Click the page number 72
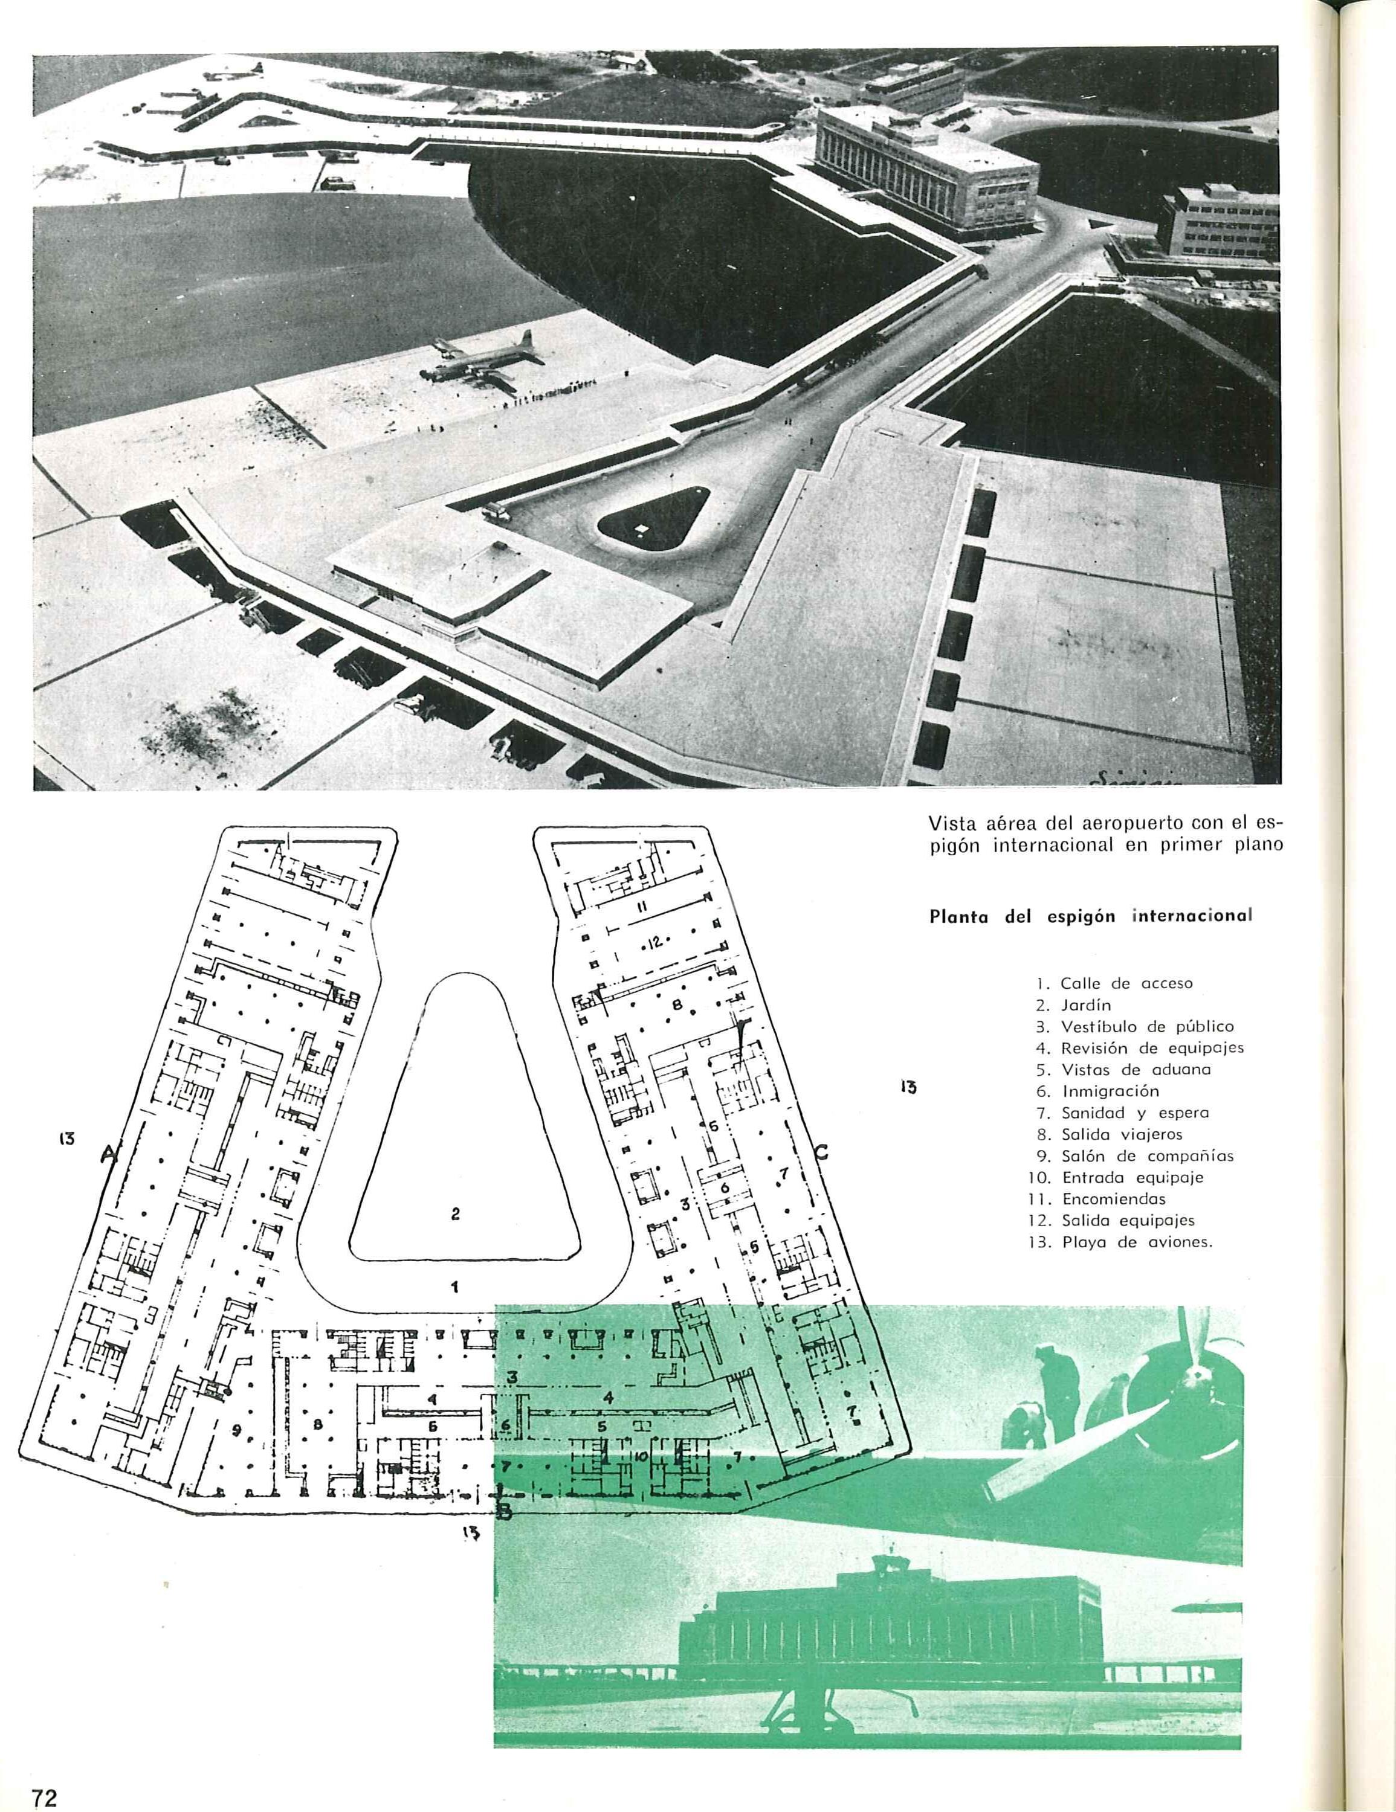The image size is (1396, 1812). coord(43,1792)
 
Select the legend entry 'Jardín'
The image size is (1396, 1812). coord(1085,1004)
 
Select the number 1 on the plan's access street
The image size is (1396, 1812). coord(455,1287)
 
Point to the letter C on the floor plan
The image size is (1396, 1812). coord(822,1152)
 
